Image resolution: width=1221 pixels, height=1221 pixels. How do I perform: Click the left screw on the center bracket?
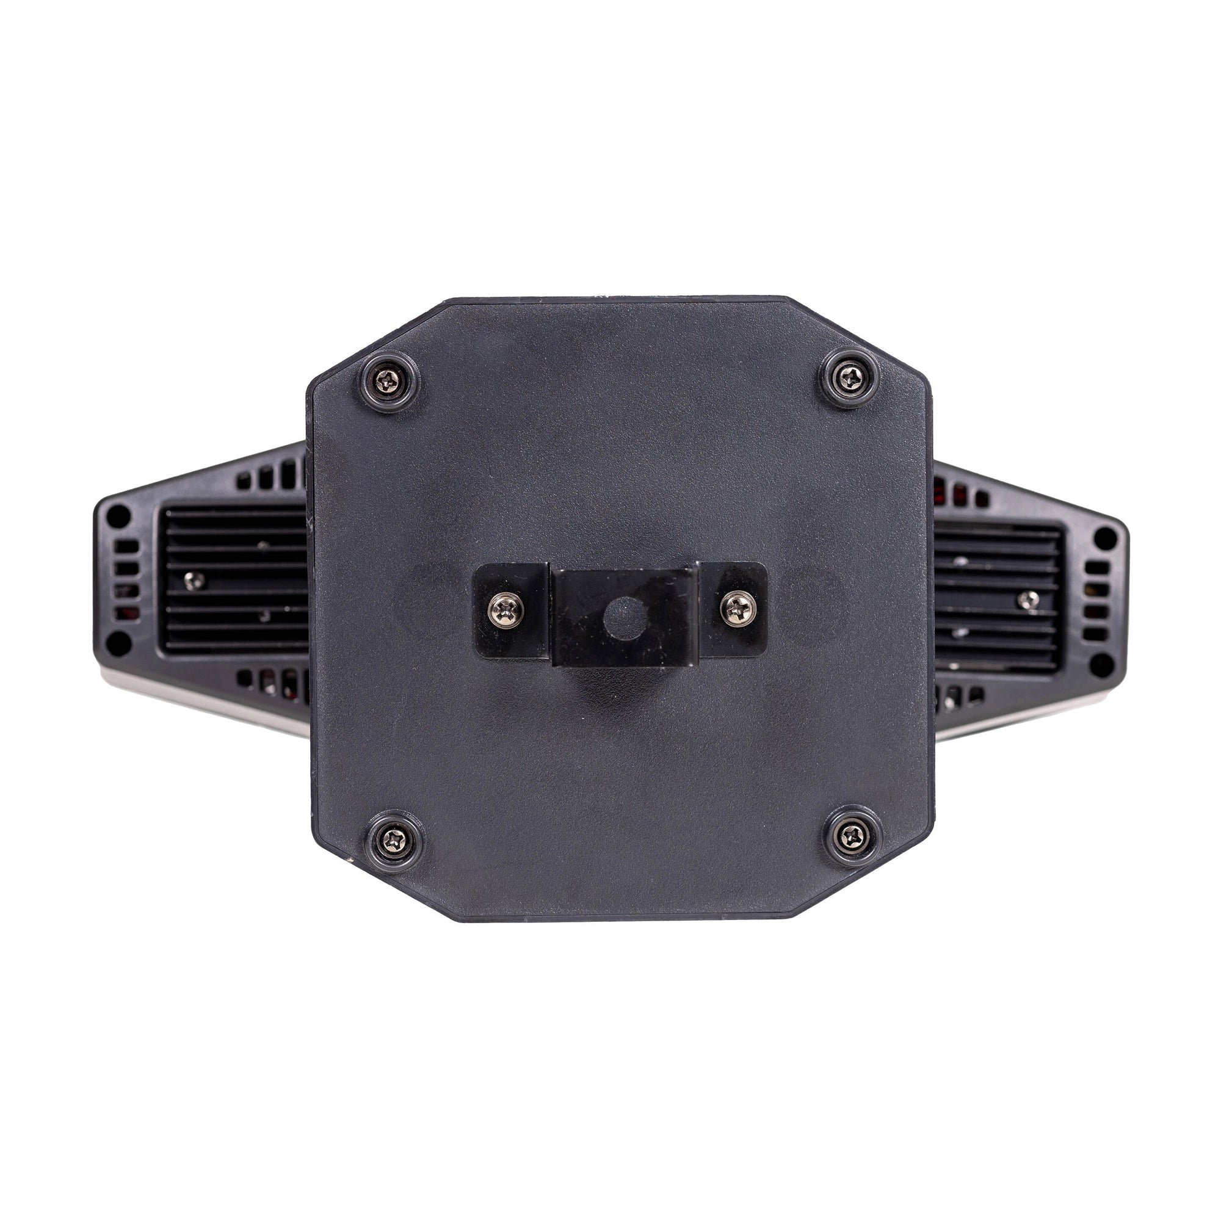[507, 609]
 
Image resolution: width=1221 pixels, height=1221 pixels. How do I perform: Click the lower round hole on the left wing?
[118, 643]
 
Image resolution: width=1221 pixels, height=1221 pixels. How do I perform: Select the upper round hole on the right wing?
[1105, 538]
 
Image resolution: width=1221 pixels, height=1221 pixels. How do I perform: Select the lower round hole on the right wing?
[1103, 662]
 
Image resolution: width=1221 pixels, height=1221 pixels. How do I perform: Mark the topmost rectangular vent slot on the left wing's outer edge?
[127, 546]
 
